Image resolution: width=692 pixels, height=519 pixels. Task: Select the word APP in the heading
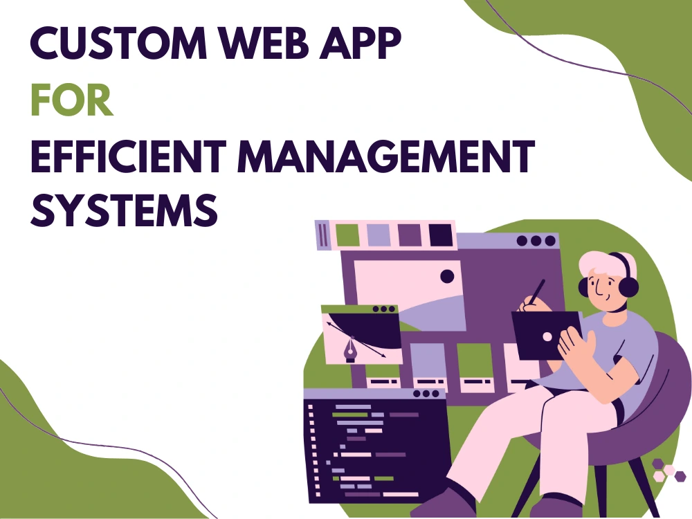coord(360,43)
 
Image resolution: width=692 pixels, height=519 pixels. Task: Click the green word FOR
coord(71,100)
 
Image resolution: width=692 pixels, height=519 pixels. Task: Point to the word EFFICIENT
coord(129,156)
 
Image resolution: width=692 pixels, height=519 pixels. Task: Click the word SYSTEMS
coord(124,210)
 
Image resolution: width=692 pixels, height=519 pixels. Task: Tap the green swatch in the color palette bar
coord(347,235)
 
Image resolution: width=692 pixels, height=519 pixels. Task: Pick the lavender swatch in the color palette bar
coord(379,235)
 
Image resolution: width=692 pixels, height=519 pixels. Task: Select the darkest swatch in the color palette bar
coord(441,235)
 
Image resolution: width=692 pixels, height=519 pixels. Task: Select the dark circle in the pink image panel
coord(447,276)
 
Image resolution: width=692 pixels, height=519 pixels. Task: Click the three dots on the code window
coord(426,394)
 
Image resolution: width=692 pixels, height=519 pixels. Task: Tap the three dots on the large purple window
coord(536,241)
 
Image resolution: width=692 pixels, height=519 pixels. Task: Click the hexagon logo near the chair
coord(668,470)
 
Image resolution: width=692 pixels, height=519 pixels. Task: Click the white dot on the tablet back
coord(547,337)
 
